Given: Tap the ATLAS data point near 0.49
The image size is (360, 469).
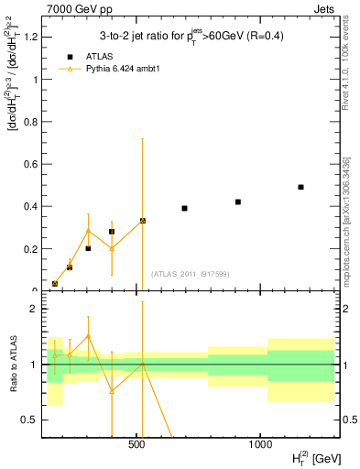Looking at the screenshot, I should coord(300,187).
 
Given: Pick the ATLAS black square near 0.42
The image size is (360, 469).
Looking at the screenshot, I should coord(238,202).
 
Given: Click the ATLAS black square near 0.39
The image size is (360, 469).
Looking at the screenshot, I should coord(184,208).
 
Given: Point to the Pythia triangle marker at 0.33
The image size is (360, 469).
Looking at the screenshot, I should coord(142,221).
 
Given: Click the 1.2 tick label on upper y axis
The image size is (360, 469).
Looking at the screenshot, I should coord(29,38).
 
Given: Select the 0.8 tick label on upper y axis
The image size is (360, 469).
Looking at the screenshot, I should coord(29,122).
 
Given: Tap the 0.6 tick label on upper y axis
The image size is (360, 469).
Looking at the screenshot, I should coord(29,164).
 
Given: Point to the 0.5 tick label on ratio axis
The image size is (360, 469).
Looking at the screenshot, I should coord(29,420).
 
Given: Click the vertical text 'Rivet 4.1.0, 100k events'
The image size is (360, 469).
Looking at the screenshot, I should coord(349,64).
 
